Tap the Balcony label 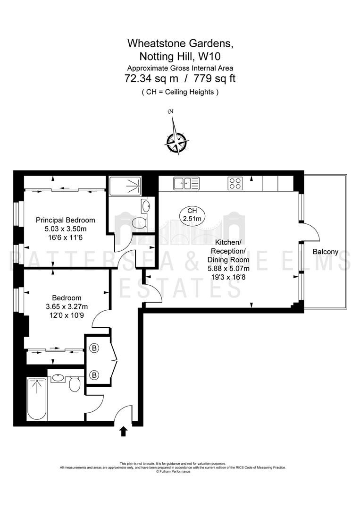tap(326, 252)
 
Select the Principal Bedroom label tap(65, 220)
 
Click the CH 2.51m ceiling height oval tap(192, 215)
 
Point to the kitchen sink tap(186, 183)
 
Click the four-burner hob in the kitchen tap(234, 183)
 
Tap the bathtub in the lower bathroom tap(37, 399)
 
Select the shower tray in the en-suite tap(125, 186)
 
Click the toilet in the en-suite tap(140, 223)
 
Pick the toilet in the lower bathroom tap(75, 384)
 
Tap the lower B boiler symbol tap(94, 375)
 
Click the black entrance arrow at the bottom tap(124, 432)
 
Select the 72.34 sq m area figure tap(151, 78)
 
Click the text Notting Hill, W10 tap(180, 56)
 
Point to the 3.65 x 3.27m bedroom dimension tap(67, 306)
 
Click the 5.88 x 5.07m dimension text tap(228, 268)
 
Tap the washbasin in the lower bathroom tap(58, 378)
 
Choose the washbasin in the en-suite tap(146, 205)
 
